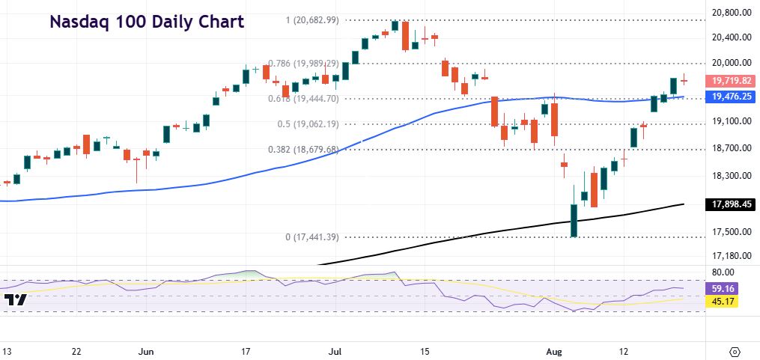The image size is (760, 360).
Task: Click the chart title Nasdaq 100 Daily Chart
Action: [x=147, y=22]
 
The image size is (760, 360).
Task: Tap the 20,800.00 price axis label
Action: [x=732, y=13]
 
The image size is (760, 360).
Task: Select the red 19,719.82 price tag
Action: [x=732, y=81]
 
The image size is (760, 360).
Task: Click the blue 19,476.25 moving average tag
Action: [x=732, y=96]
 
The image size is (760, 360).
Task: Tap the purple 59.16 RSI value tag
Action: [x=723, y=287]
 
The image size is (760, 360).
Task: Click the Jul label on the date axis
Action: [x=334, y=350]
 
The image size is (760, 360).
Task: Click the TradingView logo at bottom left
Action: [x=16, y=300]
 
